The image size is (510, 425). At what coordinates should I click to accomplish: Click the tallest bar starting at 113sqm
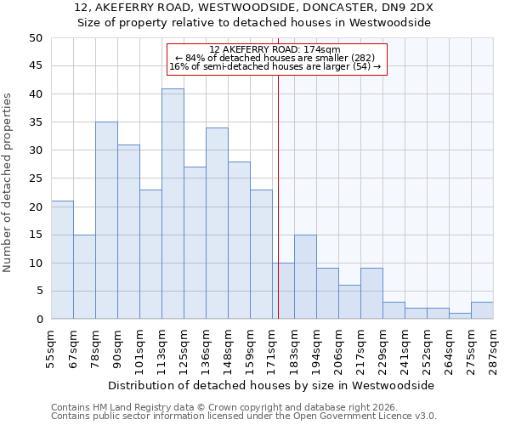[173, 204]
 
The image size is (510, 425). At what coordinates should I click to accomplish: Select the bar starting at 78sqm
[106, 221]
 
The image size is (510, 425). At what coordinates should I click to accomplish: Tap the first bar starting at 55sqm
[62, 260]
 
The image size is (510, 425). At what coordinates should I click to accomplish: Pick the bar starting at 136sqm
[217, 224]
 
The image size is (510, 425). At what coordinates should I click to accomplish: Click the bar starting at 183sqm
[305, 277]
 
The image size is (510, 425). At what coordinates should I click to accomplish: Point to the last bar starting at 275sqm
[482, 310]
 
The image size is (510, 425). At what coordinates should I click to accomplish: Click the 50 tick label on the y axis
[35, 38]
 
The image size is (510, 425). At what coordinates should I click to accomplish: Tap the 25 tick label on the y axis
[35, 178]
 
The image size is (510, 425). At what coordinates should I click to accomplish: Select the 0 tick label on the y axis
[38, 320]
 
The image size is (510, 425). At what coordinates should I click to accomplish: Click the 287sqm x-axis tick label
[494, 348]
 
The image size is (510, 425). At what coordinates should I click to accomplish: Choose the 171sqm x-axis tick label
[273, 348]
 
